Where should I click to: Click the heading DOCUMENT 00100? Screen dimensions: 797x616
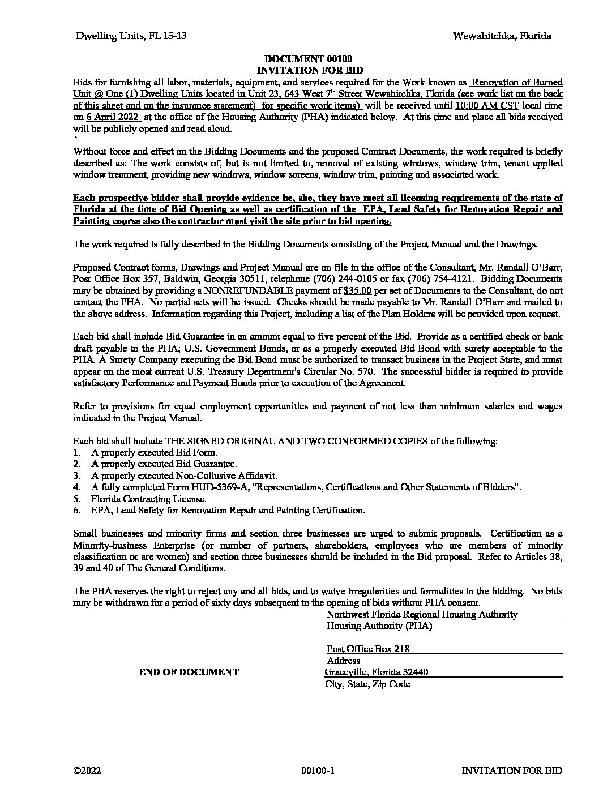[x=308, y=59]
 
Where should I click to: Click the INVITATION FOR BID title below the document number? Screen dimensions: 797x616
[x=308, y=70]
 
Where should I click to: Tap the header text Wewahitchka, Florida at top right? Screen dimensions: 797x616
[x=502, y=36]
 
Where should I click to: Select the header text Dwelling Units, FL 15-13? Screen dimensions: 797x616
[x=131, y=36]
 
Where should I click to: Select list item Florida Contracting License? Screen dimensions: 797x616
[x=148, y=499]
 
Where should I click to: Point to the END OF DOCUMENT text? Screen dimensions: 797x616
[x=189, y=672]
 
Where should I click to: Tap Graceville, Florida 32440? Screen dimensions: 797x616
[x=377, y=672]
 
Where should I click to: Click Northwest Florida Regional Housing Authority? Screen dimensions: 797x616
[x=422, y=614]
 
